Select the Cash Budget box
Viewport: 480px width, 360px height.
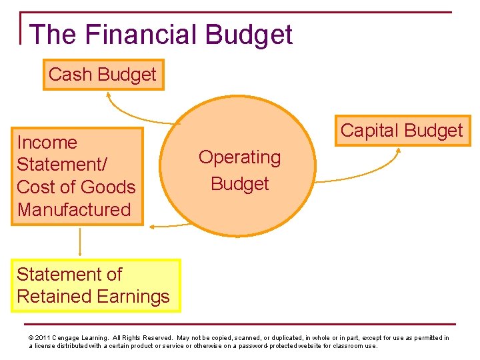pos(103,75)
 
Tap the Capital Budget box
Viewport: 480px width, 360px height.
pos(401,130)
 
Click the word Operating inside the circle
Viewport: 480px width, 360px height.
pos(239,157)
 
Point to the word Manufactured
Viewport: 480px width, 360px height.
pos(74,209)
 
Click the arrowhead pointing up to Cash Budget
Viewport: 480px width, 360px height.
pos(108,94)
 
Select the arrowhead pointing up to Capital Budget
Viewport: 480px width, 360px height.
pos(398,151)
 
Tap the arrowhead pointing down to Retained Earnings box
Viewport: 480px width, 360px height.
pos(80,255)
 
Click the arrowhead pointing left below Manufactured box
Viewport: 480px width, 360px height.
pos(152,227)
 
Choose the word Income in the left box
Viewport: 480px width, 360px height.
pos(47,142)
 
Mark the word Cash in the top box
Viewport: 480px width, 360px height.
pos(69,75)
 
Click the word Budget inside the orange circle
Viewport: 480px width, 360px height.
pos(239,183)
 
